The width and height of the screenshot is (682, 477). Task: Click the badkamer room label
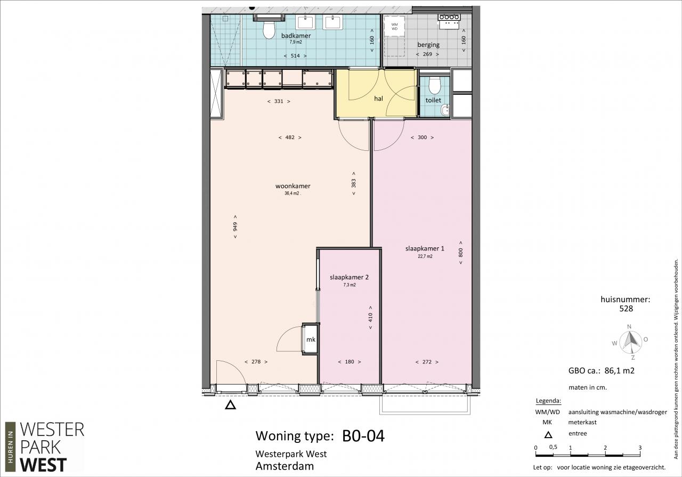(296, 36)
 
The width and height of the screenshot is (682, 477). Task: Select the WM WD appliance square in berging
(394, 26)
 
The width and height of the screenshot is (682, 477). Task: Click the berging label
(428, 45)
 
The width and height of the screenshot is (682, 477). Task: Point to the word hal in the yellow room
(378, 99)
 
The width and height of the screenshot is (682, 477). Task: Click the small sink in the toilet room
(445, 110)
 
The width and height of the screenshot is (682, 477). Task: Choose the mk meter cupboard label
(311, 339)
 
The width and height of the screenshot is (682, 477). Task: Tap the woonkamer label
(293, 186)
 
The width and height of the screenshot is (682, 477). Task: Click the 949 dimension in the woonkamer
(235, 227)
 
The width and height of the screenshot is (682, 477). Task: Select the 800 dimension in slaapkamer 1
(461, 253)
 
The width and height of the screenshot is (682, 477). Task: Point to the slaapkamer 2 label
(349, 277)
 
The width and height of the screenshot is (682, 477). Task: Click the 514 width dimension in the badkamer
(295, 56)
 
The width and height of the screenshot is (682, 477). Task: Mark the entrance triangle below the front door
(231, 405)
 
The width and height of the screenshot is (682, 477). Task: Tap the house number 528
(626, 309)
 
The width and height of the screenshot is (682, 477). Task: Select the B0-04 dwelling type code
(363, 436)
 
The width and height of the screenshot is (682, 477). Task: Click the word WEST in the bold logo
(43, 464)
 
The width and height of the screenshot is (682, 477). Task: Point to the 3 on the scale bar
(640, 448)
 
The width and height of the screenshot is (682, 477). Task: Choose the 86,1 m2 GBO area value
(620, 371)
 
